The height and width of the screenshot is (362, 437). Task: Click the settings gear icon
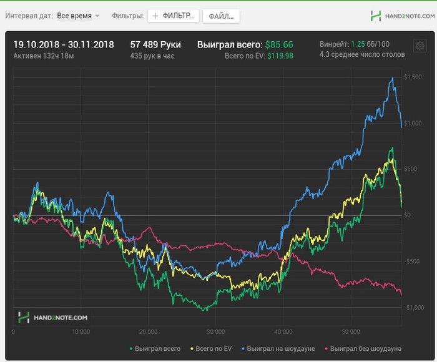419,45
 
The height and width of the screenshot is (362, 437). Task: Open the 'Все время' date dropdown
78,16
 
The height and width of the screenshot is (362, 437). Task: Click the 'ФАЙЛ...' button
221,16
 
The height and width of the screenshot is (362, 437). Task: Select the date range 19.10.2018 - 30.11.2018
64,44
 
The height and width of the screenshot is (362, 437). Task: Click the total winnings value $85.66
279,44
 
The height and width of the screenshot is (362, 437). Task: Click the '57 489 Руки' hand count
155,44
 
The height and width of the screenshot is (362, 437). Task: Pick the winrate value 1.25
357,44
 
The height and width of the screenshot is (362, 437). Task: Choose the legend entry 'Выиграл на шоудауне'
281,348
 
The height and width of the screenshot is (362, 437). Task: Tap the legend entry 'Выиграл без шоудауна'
365,348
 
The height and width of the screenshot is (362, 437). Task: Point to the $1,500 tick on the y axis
414,77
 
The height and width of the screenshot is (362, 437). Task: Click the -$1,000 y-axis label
413,307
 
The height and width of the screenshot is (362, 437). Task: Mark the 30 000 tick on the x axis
215,333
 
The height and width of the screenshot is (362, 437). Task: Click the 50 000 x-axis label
351,333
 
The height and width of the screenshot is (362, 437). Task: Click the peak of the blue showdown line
392,78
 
